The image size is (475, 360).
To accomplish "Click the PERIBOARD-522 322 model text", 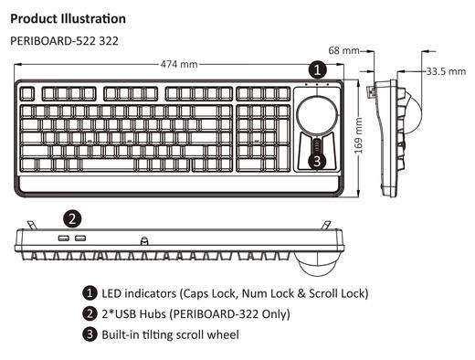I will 63,41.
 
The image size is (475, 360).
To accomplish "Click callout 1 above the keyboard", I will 316,69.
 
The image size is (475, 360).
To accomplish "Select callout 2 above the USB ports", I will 73,217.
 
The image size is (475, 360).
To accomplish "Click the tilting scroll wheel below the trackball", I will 316,146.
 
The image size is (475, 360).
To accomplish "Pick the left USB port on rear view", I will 64,238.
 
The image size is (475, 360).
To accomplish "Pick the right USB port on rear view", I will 80,238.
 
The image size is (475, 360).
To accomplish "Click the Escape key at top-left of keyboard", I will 26,93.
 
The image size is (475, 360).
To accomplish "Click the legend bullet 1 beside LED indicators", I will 90,293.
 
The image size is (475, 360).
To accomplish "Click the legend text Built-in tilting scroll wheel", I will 170,334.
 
